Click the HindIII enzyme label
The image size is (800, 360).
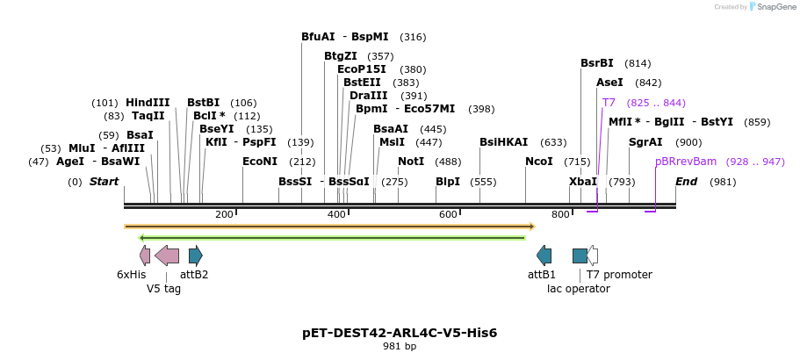click(x=148, y=103)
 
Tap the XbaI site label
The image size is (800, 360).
click(x=583, y=182)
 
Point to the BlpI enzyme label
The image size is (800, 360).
click(x=448, y=182)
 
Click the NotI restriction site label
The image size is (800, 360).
click(x=411, y=162)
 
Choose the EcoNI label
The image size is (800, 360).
click(x=260, y=162)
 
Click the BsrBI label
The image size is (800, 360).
click(x=597, y=63)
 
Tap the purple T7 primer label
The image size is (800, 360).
click(x=609, y=103)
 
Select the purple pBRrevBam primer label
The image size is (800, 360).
click(x=686, y=162)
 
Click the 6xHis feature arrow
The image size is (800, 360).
click(x=145, y=256)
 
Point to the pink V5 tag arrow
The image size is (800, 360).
click(x=167, y=256)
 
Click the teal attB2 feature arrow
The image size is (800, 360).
click(x=196, y=256)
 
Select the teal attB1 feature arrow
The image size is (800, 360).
click(x=544, y=256)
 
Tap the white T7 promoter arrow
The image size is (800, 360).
click(x=593, y=256)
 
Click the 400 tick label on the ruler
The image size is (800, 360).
click(x=336, y=215)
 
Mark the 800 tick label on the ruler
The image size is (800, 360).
click(x=560, y=215)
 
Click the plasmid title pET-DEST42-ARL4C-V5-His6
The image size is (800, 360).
click(x=400, y=333)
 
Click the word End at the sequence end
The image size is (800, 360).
click(x=687, y=182)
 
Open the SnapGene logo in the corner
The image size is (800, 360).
click(x=760, y=7)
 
